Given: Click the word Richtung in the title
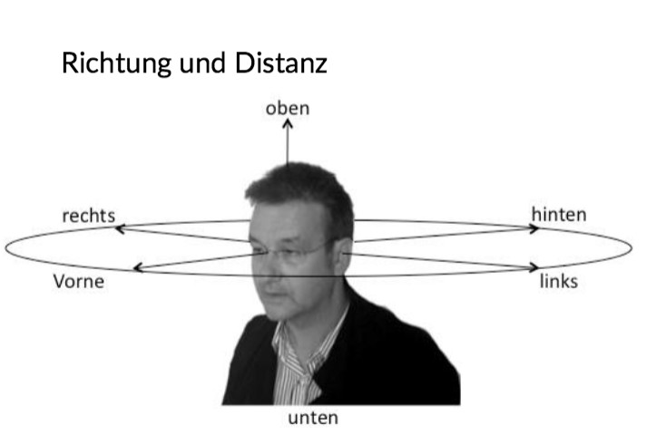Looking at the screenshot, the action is [x=116, y=63].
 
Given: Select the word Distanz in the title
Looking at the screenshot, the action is [x=280, y=63].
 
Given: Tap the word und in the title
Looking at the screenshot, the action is [x=202, y=63].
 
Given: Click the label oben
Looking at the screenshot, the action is [x=288, y=109].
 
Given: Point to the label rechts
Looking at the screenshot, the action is [x=88, y=216].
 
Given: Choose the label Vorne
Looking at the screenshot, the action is [x=79, y=282].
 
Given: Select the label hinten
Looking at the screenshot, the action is [x=559, y=215].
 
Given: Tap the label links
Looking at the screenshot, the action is [x=559, y=281].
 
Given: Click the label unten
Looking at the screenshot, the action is [x=313, y=419].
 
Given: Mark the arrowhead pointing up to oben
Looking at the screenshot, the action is [x=288, y=123].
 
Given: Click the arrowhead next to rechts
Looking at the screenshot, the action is [x=120, y=229].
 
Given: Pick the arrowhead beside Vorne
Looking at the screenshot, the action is [x=138, y=267].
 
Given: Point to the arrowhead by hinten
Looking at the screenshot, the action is [x=534, y=228].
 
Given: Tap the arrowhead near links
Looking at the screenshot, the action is [x=534, y=267].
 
